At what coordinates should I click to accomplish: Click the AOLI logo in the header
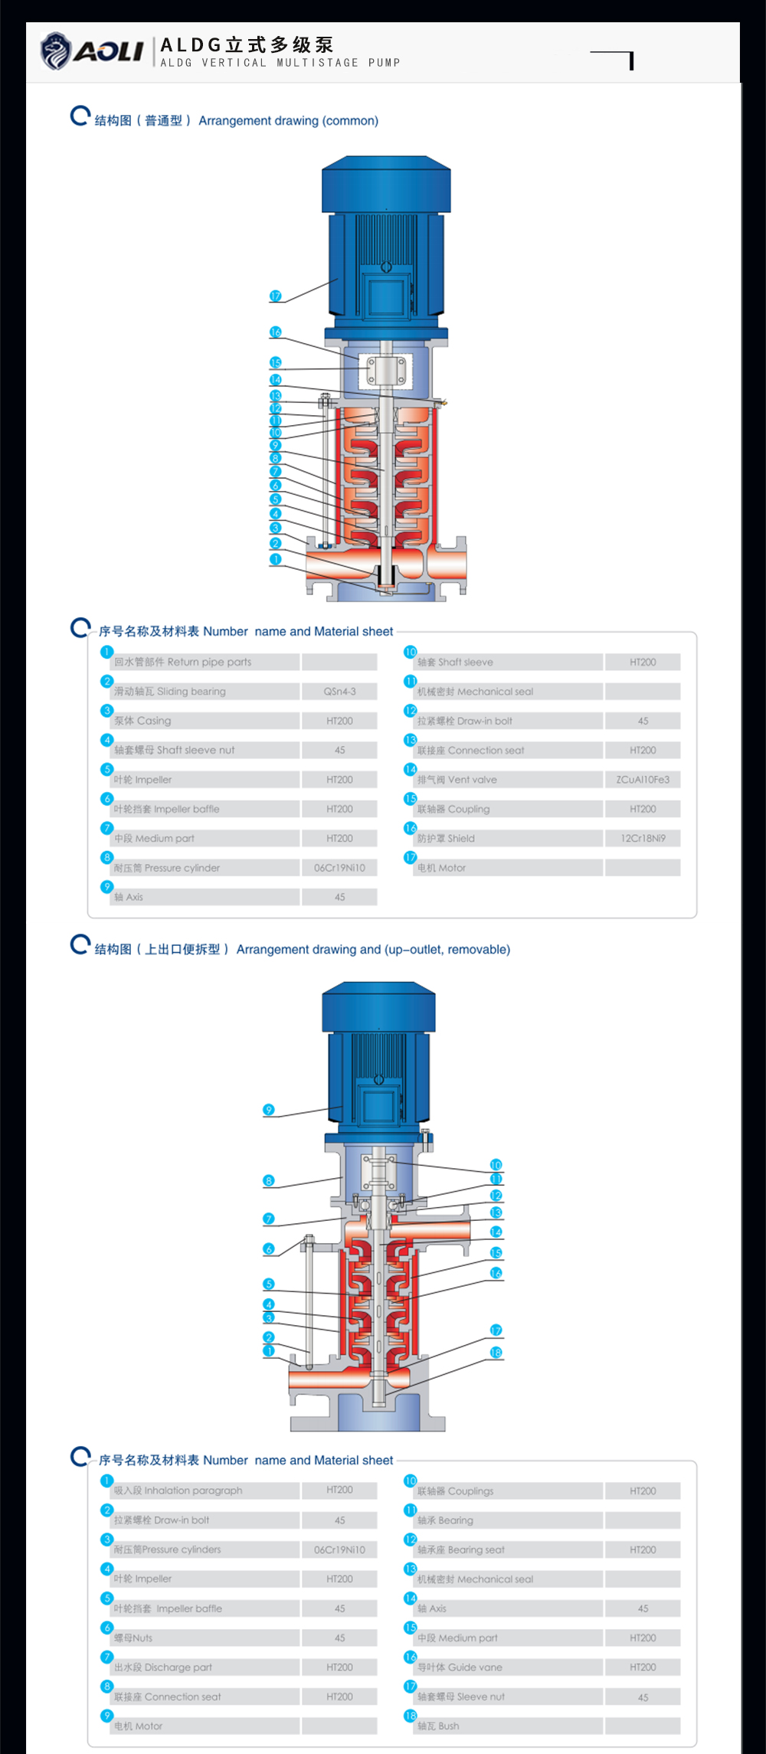point(92,51)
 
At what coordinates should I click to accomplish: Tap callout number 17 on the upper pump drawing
point(276,296)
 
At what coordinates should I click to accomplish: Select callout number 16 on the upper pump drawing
point(276,332)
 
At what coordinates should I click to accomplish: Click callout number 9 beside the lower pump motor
point(268,1110)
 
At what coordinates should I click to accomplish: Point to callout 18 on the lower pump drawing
point(496,1353)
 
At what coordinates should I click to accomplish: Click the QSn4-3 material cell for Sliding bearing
point(339,692)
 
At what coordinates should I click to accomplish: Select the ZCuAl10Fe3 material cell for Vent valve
point(643,780)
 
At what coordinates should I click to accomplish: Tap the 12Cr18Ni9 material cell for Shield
point(643,839)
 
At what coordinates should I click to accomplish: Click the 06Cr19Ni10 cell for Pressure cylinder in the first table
point(339,868)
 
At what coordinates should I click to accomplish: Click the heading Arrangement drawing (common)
point(288,121)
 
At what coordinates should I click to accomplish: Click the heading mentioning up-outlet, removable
point(372,950)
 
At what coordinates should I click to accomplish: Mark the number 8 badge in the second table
point(107,1686)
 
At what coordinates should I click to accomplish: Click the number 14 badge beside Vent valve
point(411,770)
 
